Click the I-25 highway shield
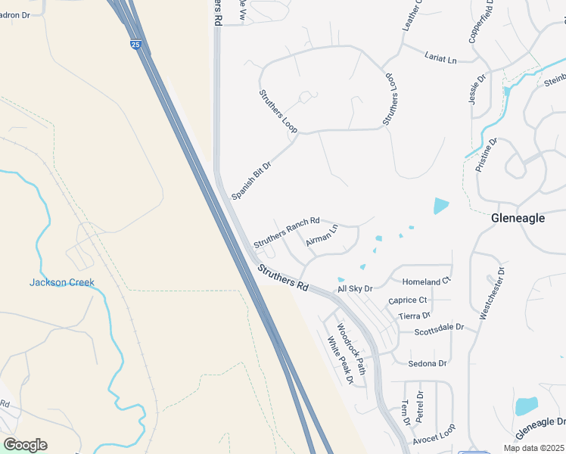pos(135,45)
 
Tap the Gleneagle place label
pos(518,217)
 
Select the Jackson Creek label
pos(62,282)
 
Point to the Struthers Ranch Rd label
pos(287,231)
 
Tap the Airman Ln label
pos(322,235)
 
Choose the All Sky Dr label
pos(356,288)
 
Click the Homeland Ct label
pos(426,281)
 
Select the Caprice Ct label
pos(408,300)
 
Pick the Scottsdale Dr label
pos(440,331)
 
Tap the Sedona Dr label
pos(428,364)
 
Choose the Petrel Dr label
pos(421,408)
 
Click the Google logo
pos(25,445)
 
